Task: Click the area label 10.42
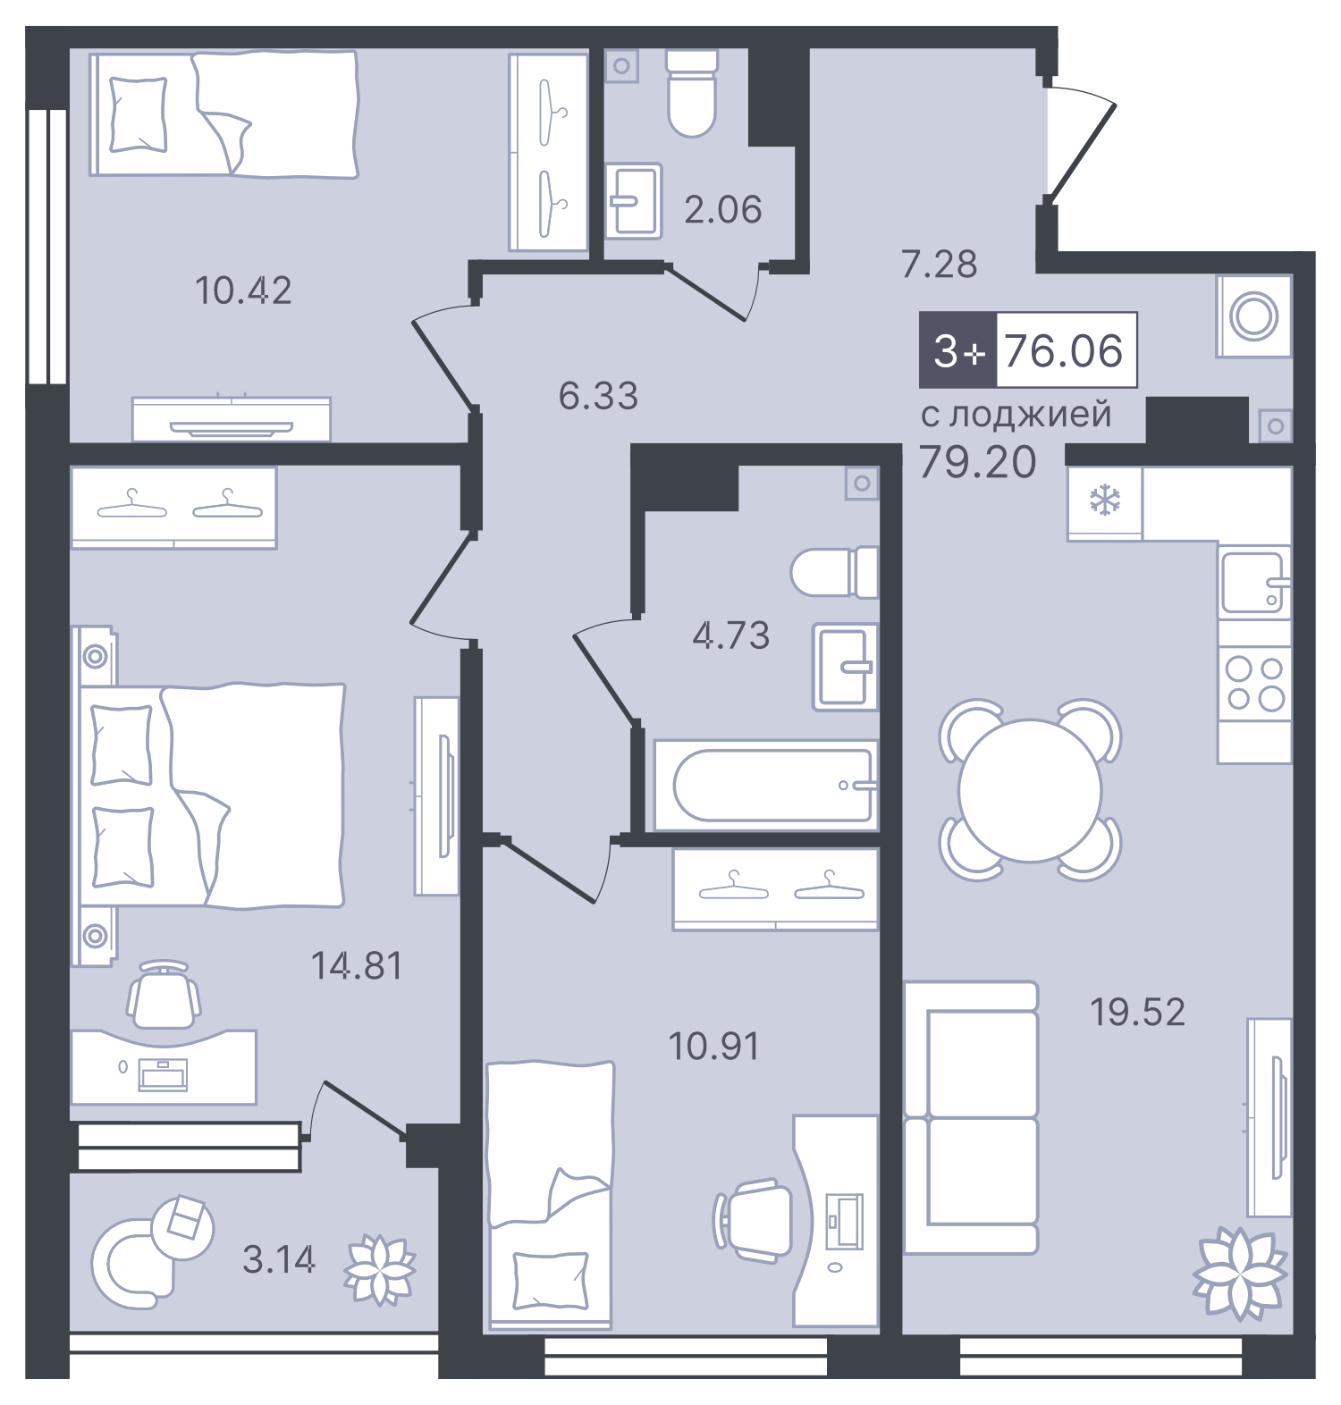click(243, 290)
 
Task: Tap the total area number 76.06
click(1064, 350)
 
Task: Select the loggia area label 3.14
click(278, 1259)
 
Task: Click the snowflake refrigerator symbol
click(1105, 501)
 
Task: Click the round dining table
click(1030, 790)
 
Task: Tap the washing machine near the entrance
click(1253, 316)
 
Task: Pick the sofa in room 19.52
click(971, 1117)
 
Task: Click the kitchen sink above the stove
click(1253, 582)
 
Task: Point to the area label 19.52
click(1137, 1012)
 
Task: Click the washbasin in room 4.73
click(845, 667)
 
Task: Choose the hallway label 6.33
click(598, 396)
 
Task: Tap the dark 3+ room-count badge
click(957, 350)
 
